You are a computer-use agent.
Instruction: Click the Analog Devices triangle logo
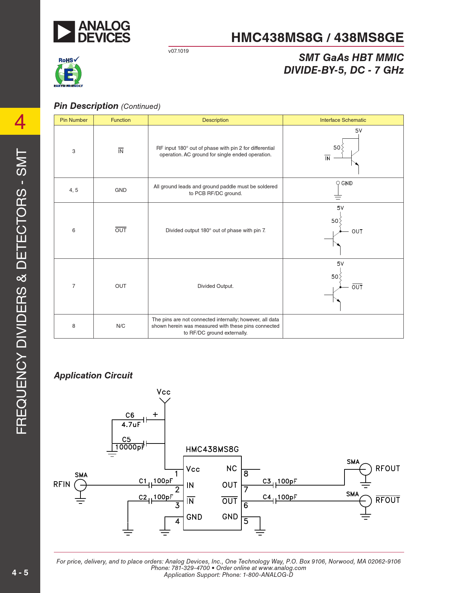click(x=64, y=32)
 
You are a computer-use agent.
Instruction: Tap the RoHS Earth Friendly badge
click(x=68, y=72)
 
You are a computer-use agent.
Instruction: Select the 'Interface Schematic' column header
click(x=343, y=120)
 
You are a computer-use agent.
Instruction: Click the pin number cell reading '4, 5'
click(x=74, y=190)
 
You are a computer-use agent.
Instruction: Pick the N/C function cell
click(x=121, y=326)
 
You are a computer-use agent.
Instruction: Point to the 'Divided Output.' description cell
click(x=215, y=286)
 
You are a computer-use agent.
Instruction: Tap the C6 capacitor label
click(x=130, y=415)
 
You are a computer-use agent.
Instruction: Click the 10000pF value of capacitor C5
click(x=129, y=447)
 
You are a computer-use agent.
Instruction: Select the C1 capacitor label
click(x=143, y=481)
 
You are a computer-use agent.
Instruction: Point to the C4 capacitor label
click(x=267, y=497)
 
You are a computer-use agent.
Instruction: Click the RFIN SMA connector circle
click(x=80, y=485)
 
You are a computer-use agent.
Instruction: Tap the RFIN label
click(x=62, y=484)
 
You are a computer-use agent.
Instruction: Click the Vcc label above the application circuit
click(x=163, y=392)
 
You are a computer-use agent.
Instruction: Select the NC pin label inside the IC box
click(x=231, y=469)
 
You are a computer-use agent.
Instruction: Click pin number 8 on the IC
click(x=246, y=474)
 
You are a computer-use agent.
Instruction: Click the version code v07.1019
click(x=178, y=51)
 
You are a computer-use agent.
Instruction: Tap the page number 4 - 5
click(x=20, y=573)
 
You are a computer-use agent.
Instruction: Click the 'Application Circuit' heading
click(x=93, y=376)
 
